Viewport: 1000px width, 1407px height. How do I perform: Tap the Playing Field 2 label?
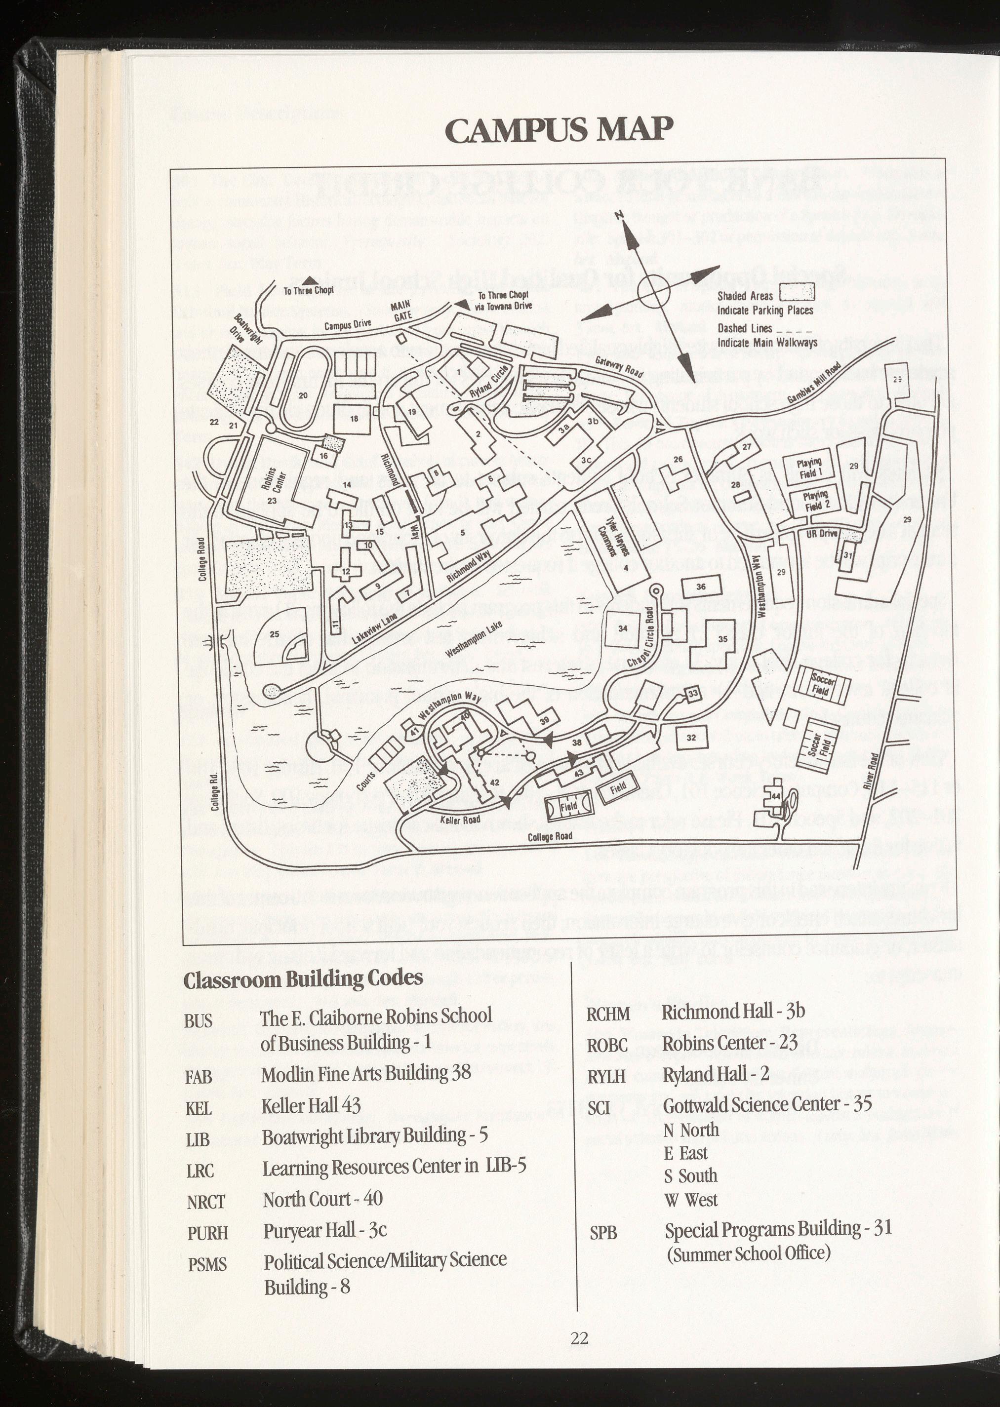click(x=813, y=502)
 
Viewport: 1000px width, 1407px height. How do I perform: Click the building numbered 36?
click(x=701, y=586)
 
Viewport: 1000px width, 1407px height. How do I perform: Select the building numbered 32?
click(x=691, y=738)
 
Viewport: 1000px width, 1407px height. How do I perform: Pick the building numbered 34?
click(x=623, y=628)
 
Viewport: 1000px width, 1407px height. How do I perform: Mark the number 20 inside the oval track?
click(x=303, y=396)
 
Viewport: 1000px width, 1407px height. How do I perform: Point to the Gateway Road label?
click(x=619, y=369)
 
